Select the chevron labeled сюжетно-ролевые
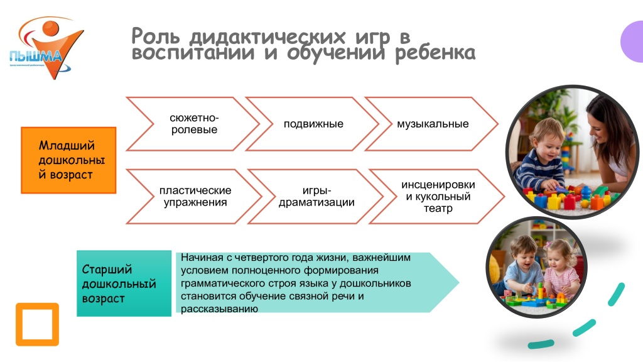pos(194,124)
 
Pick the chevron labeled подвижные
pos(313,124)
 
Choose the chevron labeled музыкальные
pos(433,124)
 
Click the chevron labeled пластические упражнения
pos(195,196)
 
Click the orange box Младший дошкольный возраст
pos(68,160)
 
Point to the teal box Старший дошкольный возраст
pos(124,283)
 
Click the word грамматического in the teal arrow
pos(217,283)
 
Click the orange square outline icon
pos(37,324)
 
